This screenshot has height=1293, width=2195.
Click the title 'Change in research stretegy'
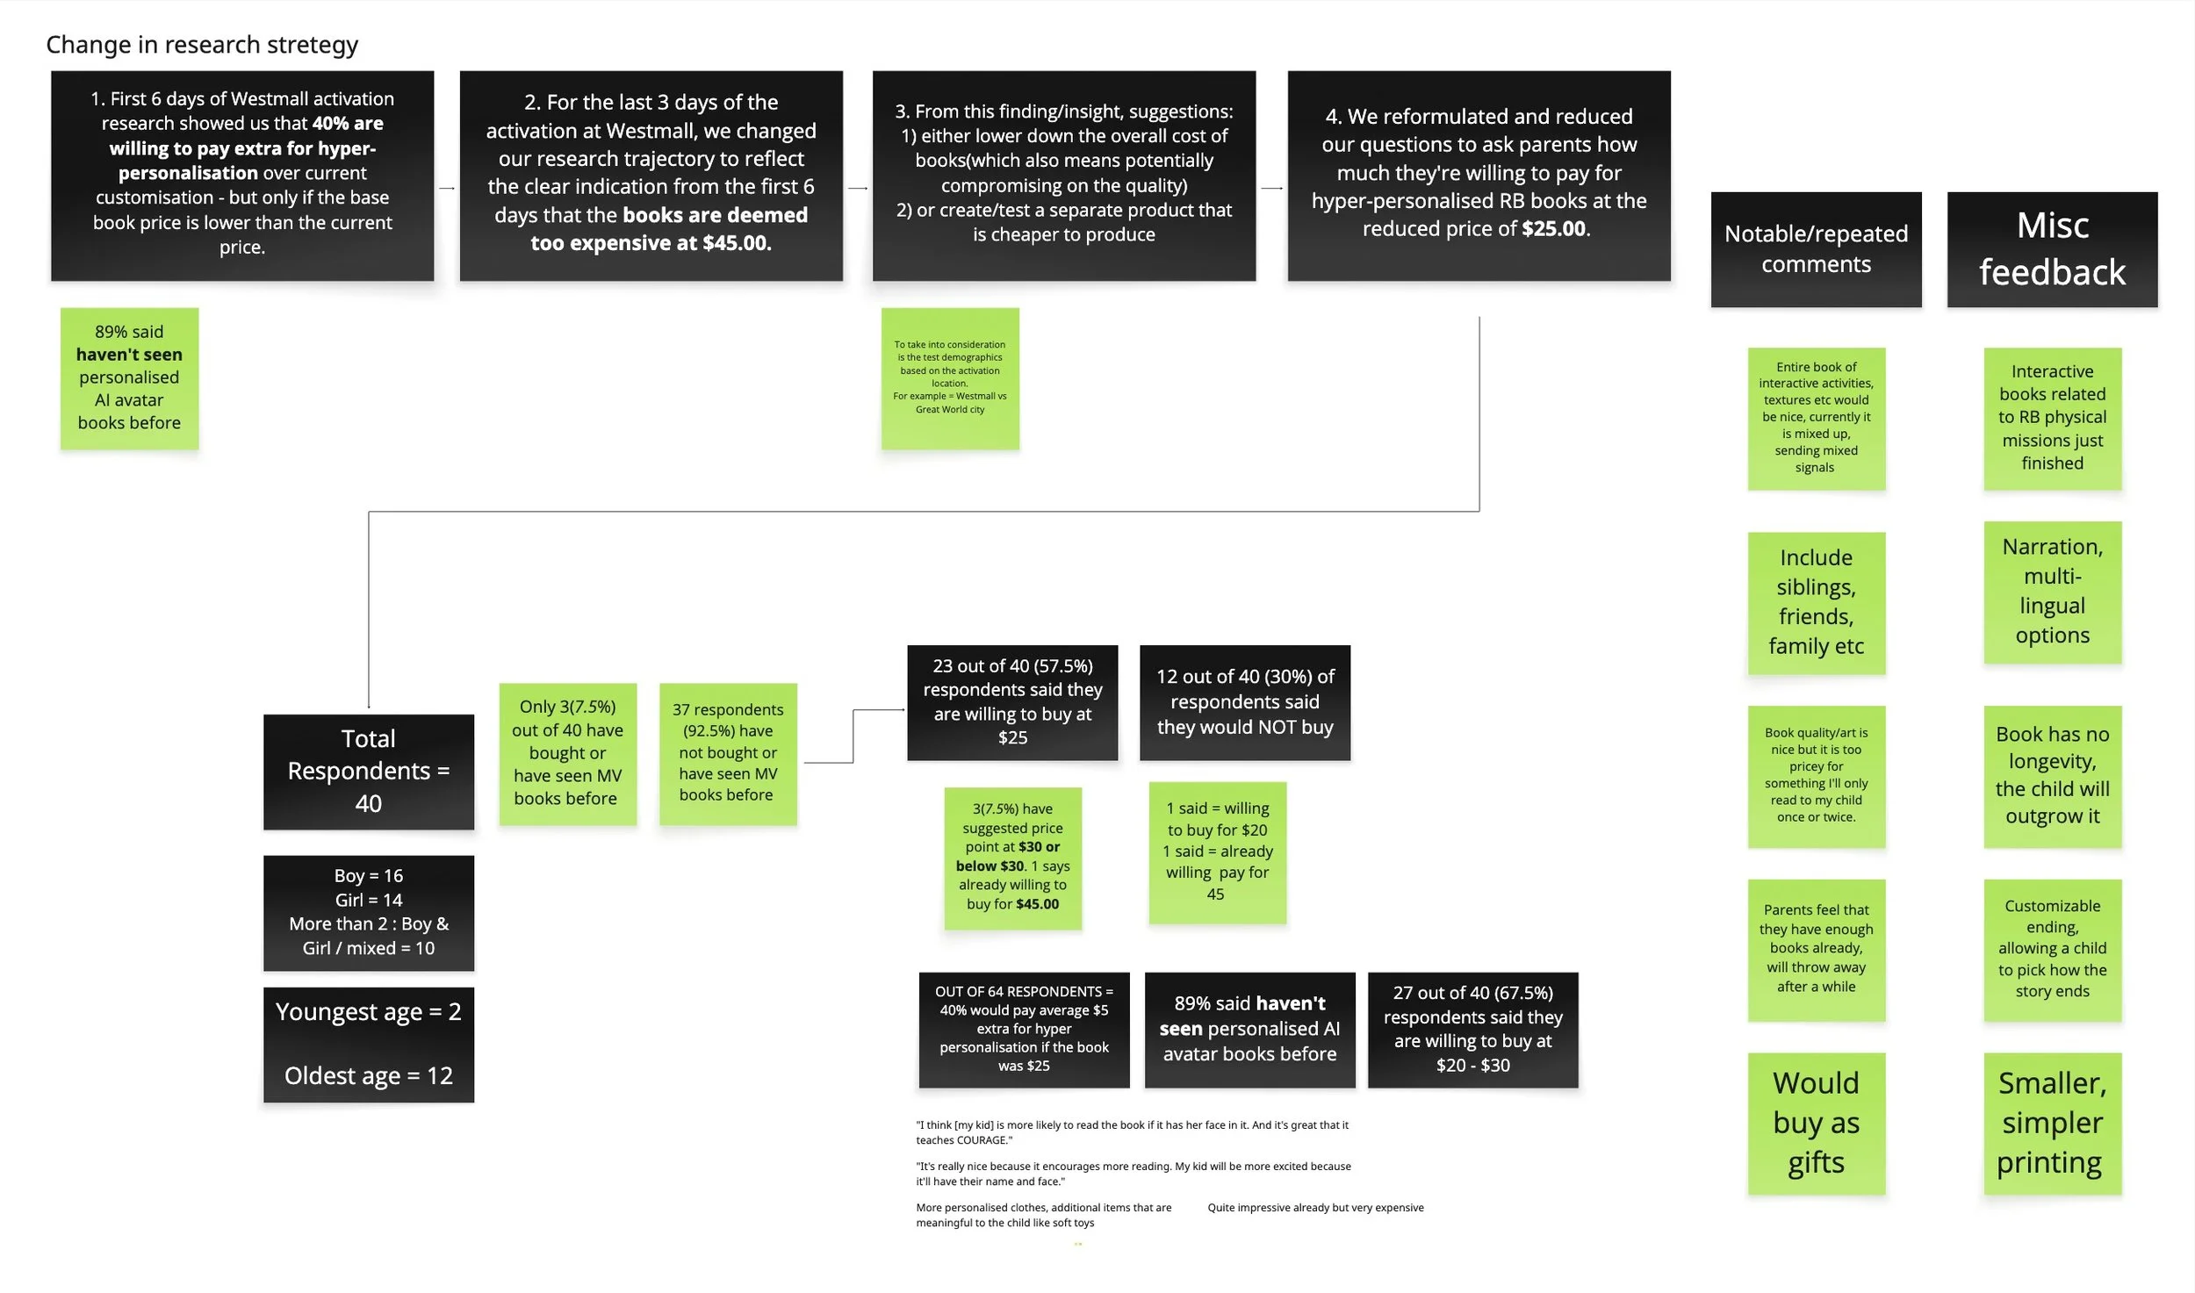point(202,45)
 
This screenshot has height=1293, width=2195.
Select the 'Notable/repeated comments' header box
point(1815,249)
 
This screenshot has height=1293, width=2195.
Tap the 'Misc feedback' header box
point(2051,249)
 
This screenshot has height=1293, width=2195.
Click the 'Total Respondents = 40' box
point(368,771)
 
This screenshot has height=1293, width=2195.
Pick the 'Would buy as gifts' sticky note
point(1815,1123)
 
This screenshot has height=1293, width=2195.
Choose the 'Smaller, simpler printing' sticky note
point(2051,1123)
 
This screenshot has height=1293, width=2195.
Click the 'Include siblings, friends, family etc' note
point(1815,602)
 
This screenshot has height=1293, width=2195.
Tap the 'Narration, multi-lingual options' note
point(2051,592)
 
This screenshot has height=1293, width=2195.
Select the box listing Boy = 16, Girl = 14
point(368,912)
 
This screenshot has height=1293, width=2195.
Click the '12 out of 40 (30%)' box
point(1244,701)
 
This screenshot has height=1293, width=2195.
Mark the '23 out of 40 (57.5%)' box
point(1011,701)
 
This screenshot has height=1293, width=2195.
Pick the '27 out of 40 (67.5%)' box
point(1472,1029)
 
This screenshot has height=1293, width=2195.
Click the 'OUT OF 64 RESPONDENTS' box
point(1023,1029)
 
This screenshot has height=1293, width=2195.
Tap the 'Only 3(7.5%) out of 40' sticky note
point(567,752)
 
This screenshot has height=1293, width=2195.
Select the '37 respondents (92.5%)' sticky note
point(727,752)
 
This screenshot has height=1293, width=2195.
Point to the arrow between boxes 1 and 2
point(447,188)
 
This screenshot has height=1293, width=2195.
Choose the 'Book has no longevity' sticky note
point(2051,775)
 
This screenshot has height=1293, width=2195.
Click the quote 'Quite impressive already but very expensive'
point(1314,1208)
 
